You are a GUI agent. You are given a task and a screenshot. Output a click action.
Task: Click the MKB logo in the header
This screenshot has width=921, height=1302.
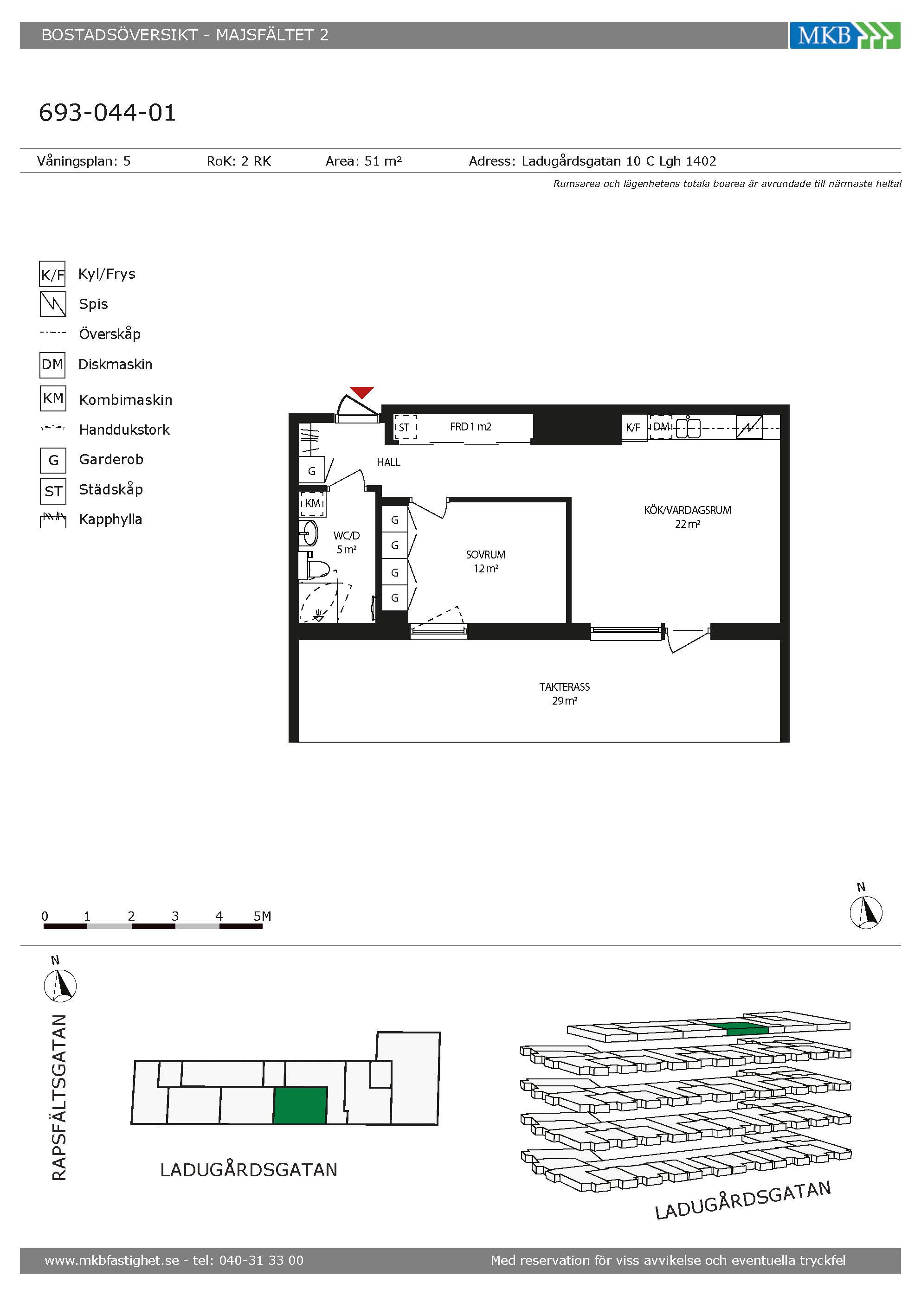pos(844,35)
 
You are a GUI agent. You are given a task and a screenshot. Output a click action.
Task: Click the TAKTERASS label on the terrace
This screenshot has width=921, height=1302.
pos(564,687)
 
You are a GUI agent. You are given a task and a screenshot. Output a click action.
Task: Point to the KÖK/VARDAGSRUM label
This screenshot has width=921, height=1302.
pos(687,510)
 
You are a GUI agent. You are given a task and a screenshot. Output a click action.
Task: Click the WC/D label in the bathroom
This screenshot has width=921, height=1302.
pos(347,535)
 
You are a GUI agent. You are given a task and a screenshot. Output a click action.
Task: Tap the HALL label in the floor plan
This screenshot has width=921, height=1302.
pos(388,462)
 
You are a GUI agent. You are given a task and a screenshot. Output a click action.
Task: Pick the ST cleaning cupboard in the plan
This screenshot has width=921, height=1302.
pos(405,427)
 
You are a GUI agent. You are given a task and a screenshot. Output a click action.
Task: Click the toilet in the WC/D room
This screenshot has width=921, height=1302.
pos(317,568)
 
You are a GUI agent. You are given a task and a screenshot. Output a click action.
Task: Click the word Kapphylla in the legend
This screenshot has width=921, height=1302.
pos(110,520)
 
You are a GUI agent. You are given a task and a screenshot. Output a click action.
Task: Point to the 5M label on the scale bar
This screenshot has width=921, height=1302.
pos(262,916)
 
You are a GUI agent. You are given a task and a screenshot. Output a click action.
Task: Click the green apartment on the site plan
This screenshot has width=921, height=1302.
pos(300,1105)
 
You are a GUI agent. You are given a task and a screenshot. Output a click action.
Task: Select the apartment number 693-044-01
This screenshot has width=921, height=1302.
pos(107,113)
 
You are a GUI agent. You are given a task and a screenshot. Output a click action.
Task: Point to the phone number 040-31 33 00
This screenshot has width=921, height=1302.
pos(261,1260)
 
